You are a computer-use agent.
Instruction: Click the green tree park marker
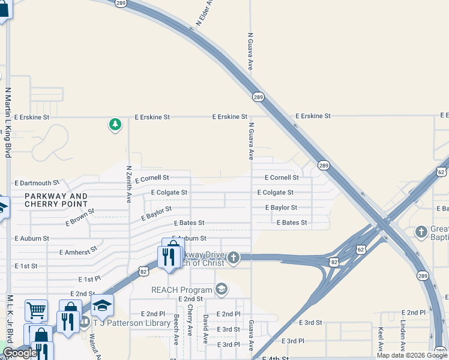tap(115, 125)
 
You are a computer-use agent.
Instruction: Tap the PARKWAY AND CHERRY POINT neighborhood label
tap(56, 200)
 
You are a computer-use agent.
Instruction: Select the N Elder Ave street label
tap(205, 13)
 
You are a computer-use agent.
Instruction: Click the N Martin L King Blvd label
tap(8, 123)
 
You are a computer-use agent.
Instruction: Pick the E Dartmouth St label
tap(37, 183)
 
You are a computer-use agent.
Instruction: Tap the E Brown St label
tap(80, 217)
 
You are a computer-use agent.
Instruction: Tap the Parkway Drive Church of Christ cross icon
tap(233, 258)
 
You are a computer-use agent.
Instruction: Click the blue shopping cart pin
tap(36, 311)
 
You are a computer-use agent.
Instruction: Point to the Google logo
tap(19, 353)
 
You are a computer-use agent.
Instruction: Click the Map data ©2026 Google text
tap(412, 355)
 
